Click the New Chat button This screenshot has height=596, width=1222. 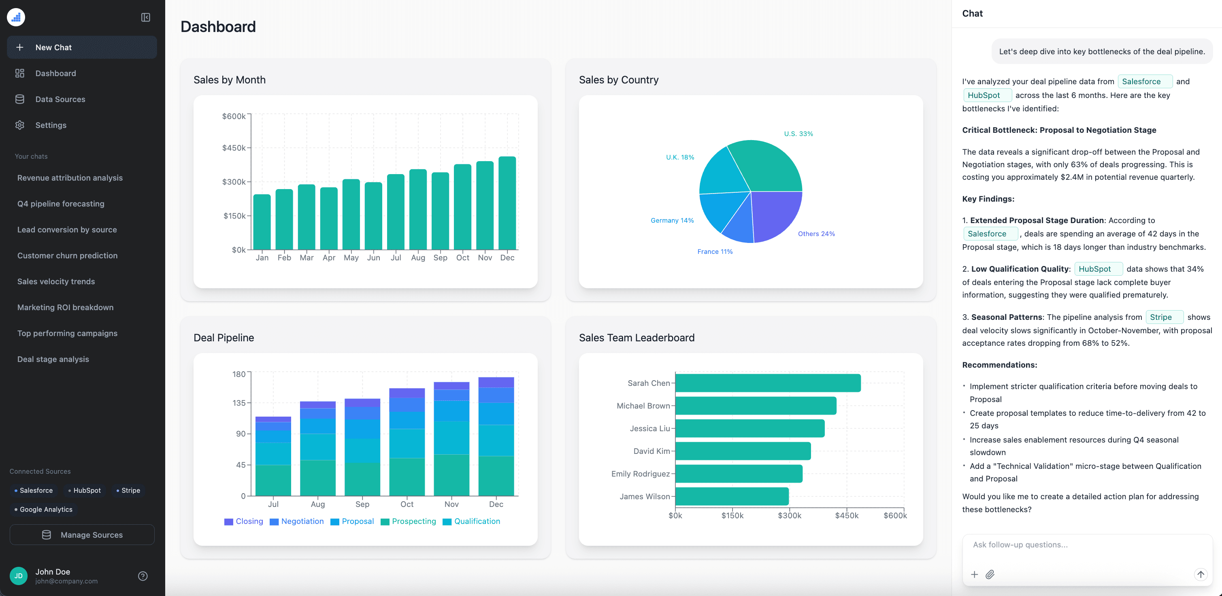(x=82, y=47)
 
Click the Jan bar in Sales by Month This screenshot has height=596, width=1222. (x=262, y=222)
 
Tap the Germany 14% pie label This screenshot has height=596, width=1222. (x=672, y=221)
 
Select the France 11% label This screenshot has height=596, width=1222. (x=714, y=251)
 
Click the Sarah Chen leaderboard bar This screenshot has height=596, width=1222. (x=768, y=383)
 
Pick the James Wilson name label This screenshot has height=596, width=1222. (x=644, y=496)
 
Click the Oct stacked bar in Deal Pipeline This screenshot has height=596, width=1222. (x=407, y=442)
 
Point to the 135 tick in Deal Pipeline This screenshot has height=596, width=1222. (x=238, y=403)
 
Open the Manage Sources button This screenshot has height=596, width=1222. (x=82, y=535)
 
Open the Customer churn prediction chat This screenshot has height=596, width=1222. (x=67, y=256)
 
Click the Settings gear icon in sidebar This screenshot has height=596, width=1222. (x=19, y=125)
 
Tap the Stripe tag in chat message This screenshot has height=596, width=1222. (x=1164, y=317)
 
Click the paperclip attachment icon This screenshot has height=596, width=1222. (x=990, y=575)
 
